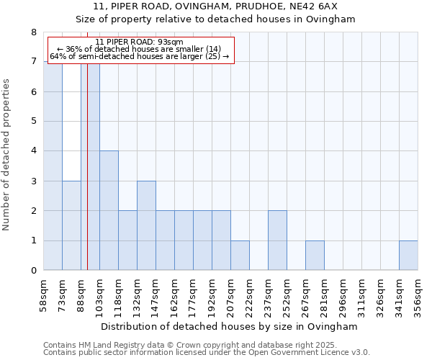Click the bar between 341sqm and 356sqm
408,256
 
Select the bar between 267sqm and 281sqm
315,256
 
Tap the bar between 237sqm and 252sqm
277,240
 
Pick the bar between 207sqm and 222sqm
240,256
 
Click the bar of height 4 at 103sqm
109,210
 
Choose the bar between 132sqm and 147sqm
146,225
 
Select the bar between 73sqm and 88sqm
71,225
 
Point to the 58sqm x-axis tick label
43,294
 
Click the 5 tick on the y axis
33,121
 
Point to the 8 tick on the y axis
33,32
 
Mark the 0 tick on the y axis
33,271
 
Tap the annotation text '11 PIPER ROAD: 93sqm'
140,42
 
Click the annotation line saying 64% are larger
140,56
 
